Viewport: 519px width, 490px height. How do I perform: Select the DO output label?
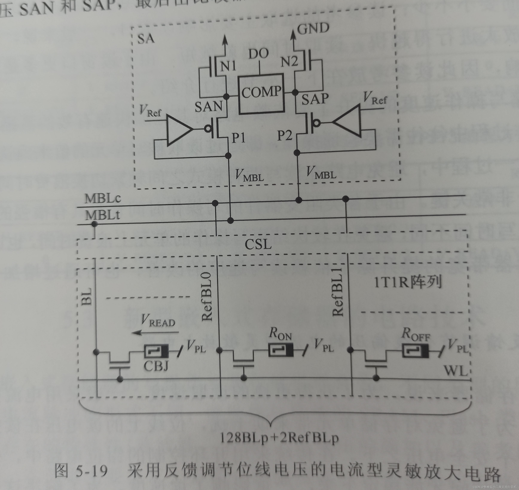[x=258, y=54]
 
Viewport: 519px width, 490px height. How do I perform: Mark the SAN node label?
[x=208, y=107]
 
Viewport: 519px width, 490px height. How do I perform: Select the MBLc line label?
[x=103, y=199]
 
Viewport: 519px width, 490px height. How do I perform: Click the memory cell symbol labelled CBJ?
[x=156, y=351]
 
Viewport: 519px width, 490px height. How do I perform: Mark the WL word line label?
[x=456, y=371]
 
